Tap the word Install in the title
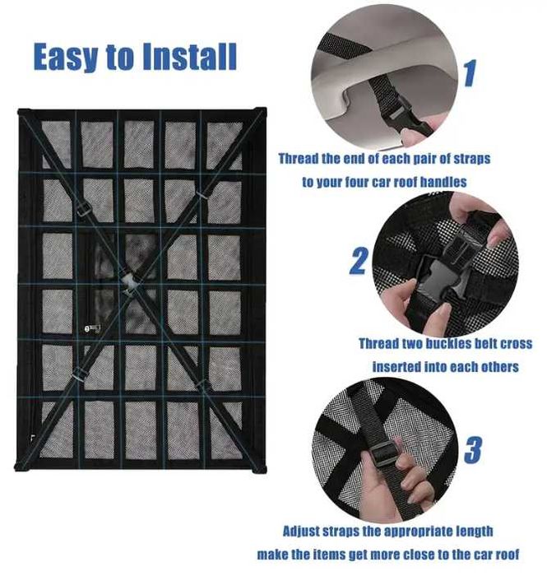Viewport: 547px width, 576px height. pos(189,56)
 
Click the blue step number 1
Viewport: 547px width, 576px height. pos(471,73)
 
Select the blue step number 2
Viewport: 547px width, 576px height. pos(359,261)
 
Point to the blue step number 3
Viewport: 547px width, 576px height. pos(473,449)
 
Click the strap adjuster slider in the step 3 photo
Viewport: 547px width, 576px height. pos(383,453)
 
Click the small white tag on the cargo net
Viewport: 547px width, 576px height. pos(92,328)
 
